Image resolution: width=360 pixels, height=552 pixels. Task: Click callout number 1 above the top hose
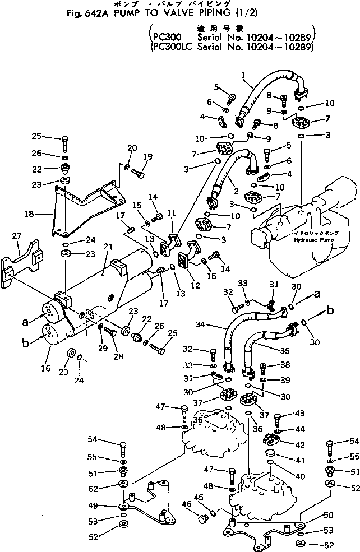point(243,75)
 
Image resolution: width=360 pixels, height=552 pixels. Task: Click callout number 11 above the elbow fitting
point(171,212)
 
